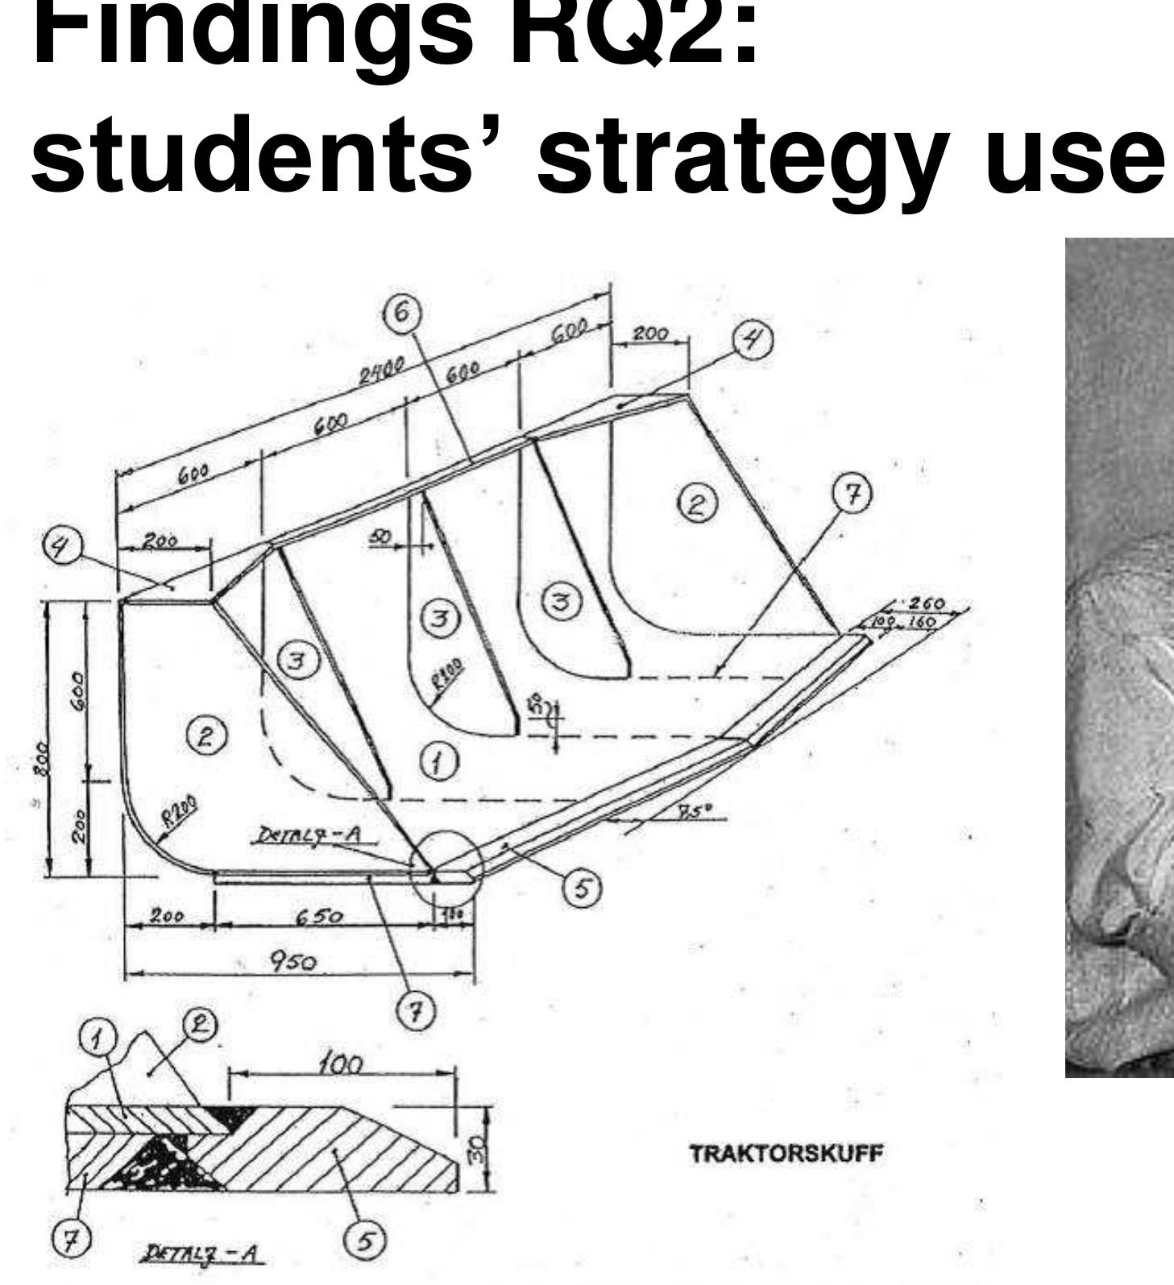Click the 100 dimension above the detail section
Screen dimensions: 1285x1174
pos(338,1066)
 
